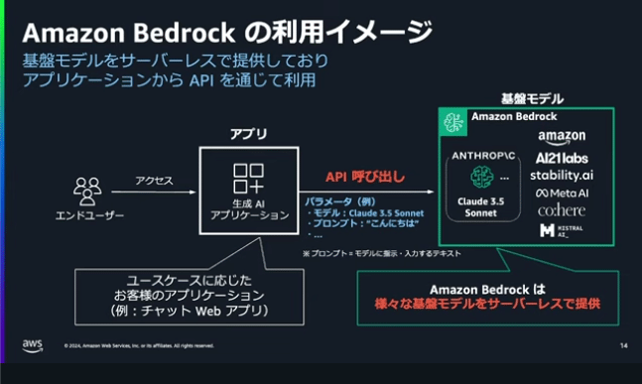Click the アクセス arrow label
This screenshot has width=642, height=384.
point(155,181)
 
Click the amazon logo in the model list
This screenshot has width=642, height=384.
point(562,137)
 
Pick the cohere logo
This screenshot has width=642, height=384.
point(562,210)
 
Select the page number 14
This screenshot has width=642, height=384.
point(623,346)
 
